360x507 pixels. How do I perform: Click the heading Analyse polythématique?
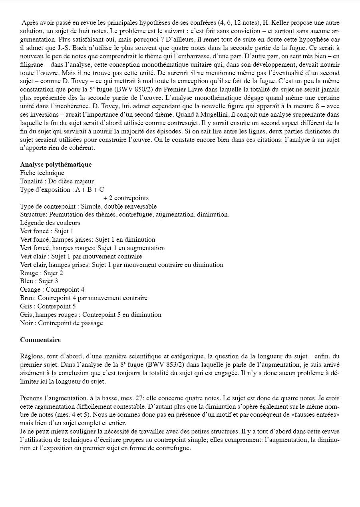coord(56,164)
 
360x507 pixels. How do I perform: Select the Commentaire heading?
coord(40,340)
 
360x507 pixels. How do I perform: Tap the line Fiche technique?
coord(42,173)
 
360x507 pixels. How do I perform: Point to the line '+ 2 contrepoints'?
coord(126,198)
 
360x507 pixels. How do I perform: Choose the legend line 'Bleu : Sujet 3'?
coord(39,281)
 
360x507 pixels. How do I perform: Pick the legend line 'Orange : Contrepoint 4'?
coord(52,289)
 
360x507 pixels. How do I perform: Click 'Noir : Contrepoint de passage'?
coord(62,323)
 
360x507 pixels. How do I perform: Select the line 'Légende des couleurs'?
coord(50,223)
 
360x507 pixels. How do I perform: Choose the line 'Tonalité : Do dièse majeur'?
coord(57,181)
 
